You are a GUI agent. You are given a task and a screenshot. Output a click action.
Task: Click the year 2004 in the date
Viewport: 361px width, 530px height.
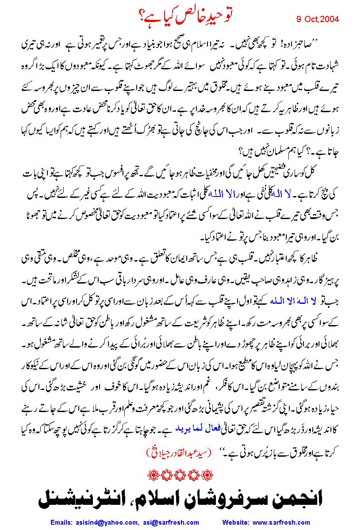coord(329,19)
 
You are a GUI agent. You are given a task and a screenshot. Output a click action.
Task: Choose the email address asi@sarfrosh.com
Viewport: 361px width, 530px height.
coord(171,522)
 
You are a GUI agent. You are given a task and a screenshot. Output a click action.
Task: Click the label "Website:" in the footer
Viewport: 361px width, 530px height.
coord(238,522)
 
